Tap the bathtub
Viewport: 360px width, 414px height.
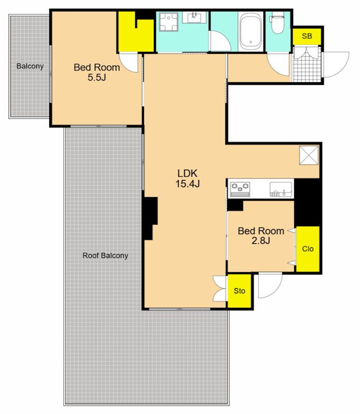[251, 31]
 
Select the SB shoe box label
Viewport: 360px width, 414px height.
[307, 36]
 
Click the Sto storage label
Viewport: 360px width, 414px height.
[239, 291]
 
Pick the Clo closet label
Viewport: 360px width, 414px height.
[308, 249]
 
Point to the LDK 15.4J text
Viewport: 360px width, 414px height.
[188, 179]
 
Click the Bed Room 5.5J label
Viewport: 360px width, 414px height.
[97, 72]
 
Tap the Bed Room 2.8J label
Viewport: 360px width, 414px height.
[261, 235]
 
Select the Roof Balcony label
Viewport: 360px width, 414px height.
[105, 256]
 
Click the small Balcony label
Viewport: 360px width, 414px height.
[30, 66]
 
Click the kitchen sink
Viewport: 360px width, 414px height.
[281, 189]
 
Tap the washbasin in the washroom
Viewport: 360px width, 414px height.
[194, 18]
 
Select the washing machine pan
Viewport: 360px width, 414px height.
[169, 22]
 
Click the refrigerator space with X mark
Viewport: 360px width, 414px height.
[309, 155]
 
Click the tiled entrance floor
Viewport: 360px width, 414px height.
[307, 64]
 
